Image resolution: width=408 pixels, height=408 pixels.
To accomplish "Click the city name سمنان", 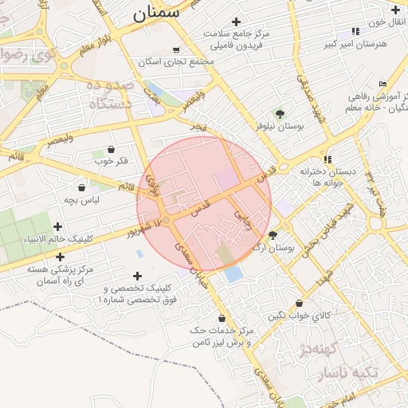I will pyautogui.click(x=155, y=13).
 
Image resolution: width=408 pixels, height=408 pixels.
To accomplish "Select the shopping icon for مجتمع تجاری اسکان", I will pyautogui.click(x=176, y=50).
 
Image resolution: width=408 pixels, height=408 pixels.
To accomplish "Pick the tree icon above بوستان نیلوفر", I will pyautogui.click(x=280, y=113).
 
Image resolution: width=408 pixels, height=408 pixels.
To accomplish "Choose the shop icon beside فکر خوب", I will pyautogui.click(x=110, y=150).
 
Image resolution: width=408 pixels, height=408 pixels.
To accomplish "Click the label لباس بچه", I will pyautogui.click(x=82, y=199).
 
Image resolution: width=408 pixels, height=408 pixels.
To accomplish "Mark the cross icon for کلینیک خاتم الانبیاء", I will pyautogui.click(x=57, y=226).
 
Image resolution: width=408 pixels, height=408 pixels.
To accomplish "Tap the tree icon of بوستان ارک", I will pyautogui.click(x=273, y=235).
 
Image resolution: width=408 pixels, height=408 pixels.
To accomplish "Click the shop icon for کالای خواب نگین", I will pyautogui.click(x=299, y=304).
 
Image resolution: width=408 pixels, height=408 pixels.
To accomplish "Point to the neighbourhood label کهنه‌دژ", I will pyautogui.click(x=319, y=348).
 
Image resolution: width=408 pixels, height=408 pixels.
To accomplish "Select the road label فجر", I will pyautogui.click(x=198, y=127).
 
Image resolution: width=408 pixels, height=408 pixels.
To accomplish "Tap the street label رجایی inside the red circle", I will pyautogui.click(x=243, y=220).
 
